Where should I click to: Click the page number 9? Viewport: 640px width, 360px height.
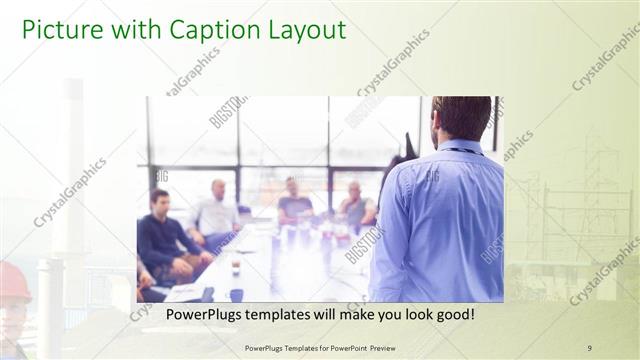[x=589, y=347]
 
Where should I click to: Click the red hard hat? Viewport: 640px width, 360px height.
[x=14, y=281]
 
